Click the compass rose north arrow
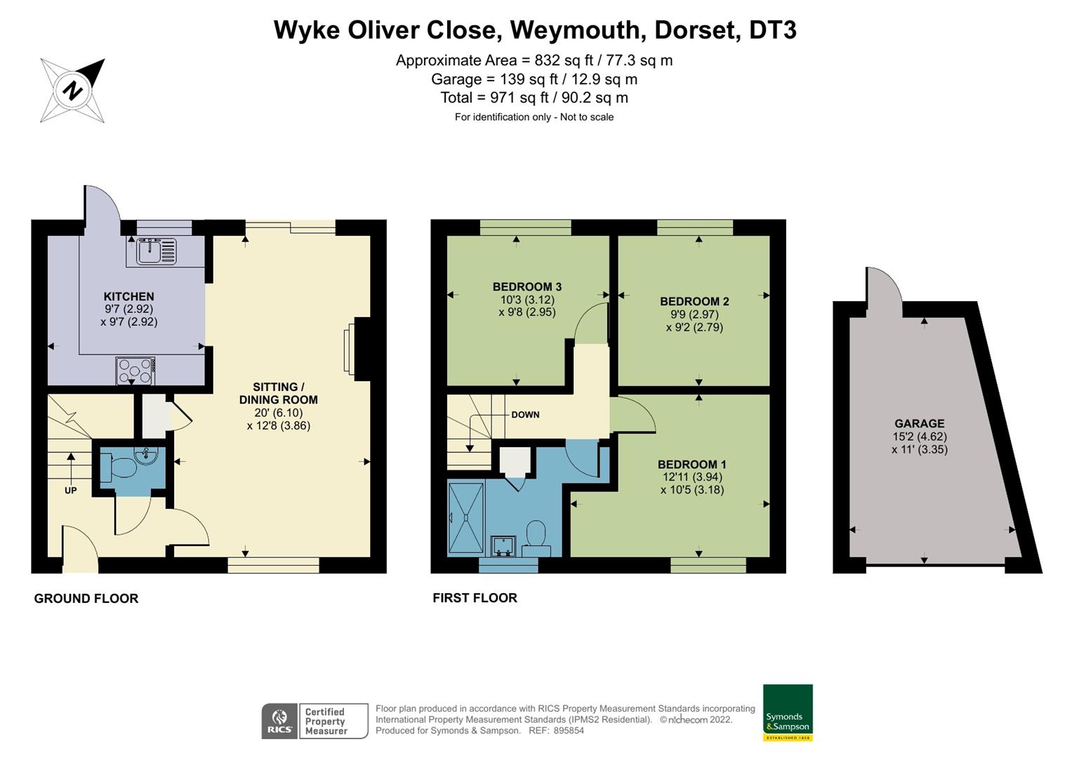(73, 91)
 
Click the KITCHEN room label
(128, 296)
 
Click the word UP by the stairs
(70, 491)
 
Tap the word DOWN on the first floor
(525, 415)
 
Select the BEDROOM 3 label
(527, 286)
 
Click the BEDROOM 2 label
(694, 302)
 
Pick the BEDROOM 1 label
(691, 465)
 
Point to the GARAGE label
(919, 424)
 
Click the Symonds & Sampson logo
(788, 712)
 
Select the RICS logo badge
(279, 721)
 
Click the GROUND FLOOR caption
(86, 599)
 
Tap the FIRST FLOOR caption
(475, 598)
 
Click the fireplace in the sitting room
(349, 350)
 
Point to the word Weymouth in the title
(575, 30)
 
